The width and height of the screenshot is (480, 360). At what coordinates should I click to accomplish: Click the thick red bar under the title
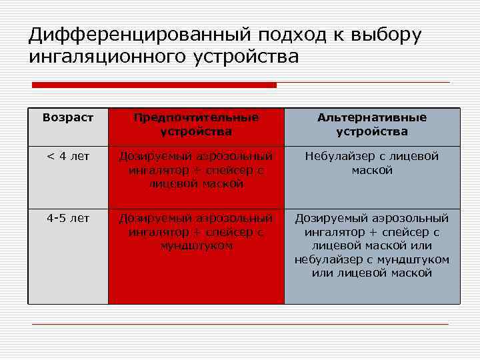[x=154, y=85]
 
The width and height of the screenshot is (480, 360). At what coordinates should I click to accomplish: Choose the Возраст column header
[x=68, y=117]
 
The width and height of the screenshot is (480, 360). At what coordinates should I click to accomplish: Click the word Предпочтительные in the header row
[x=196, y=117]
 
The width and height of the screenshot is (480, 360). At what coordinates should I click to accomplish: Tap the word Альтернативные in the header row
[x=372, y=117]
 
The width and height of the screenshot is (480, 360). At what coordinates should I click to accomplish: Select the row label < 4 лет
[x=68, y=157]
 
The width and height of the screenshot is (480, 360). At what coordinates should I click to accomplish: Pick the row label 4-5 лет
[x=68, y=218]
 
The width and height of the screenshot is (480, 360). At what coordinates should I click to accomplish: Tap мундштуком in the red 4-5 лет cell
[x=196, y=246]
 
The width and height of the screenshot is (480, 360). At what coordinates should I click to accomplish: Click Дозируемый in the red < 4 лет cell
[x=154, y=157]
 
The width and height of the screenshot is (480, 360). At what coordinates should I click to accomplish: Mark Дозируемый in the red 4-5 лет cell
[x=154, y=219]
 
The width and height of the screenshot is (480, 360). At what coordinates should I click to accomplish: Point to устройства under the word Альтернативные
[x=372, y=131]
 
